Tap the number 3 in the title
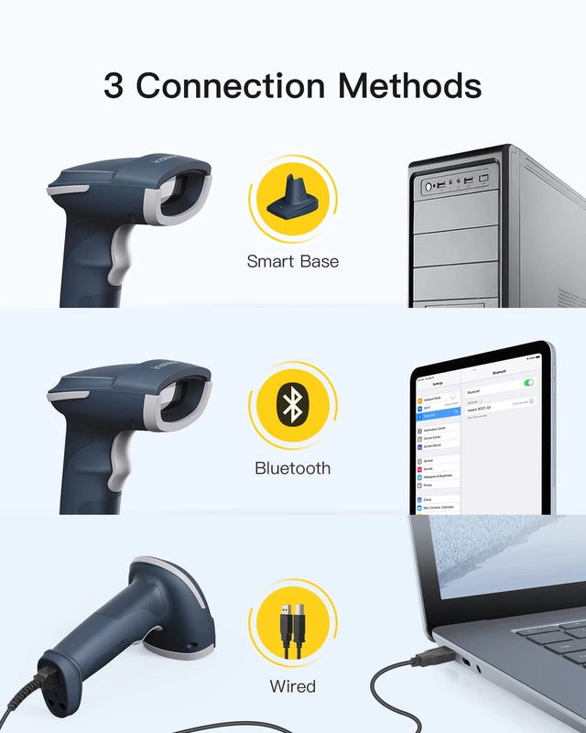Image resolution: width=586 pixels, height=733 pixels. coord(114,86)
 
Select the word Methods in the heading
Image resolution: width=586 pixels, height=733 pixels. coord(409,86)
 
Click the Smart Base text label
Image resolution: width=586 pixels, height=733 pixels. coord(292,262)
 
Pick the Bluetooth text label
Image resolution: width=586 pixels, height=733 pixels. coord(292,468)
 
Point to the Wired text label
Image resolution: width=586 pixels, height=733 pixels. coord(292,685)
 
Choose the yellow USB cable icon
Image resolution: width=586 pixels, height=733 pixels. coord(292,623)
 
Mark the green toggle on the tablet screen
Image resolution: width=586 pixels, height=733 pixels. coord(528,382)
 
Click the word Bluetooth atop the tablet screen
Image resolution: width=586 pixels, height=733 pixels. coord(499,373)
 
